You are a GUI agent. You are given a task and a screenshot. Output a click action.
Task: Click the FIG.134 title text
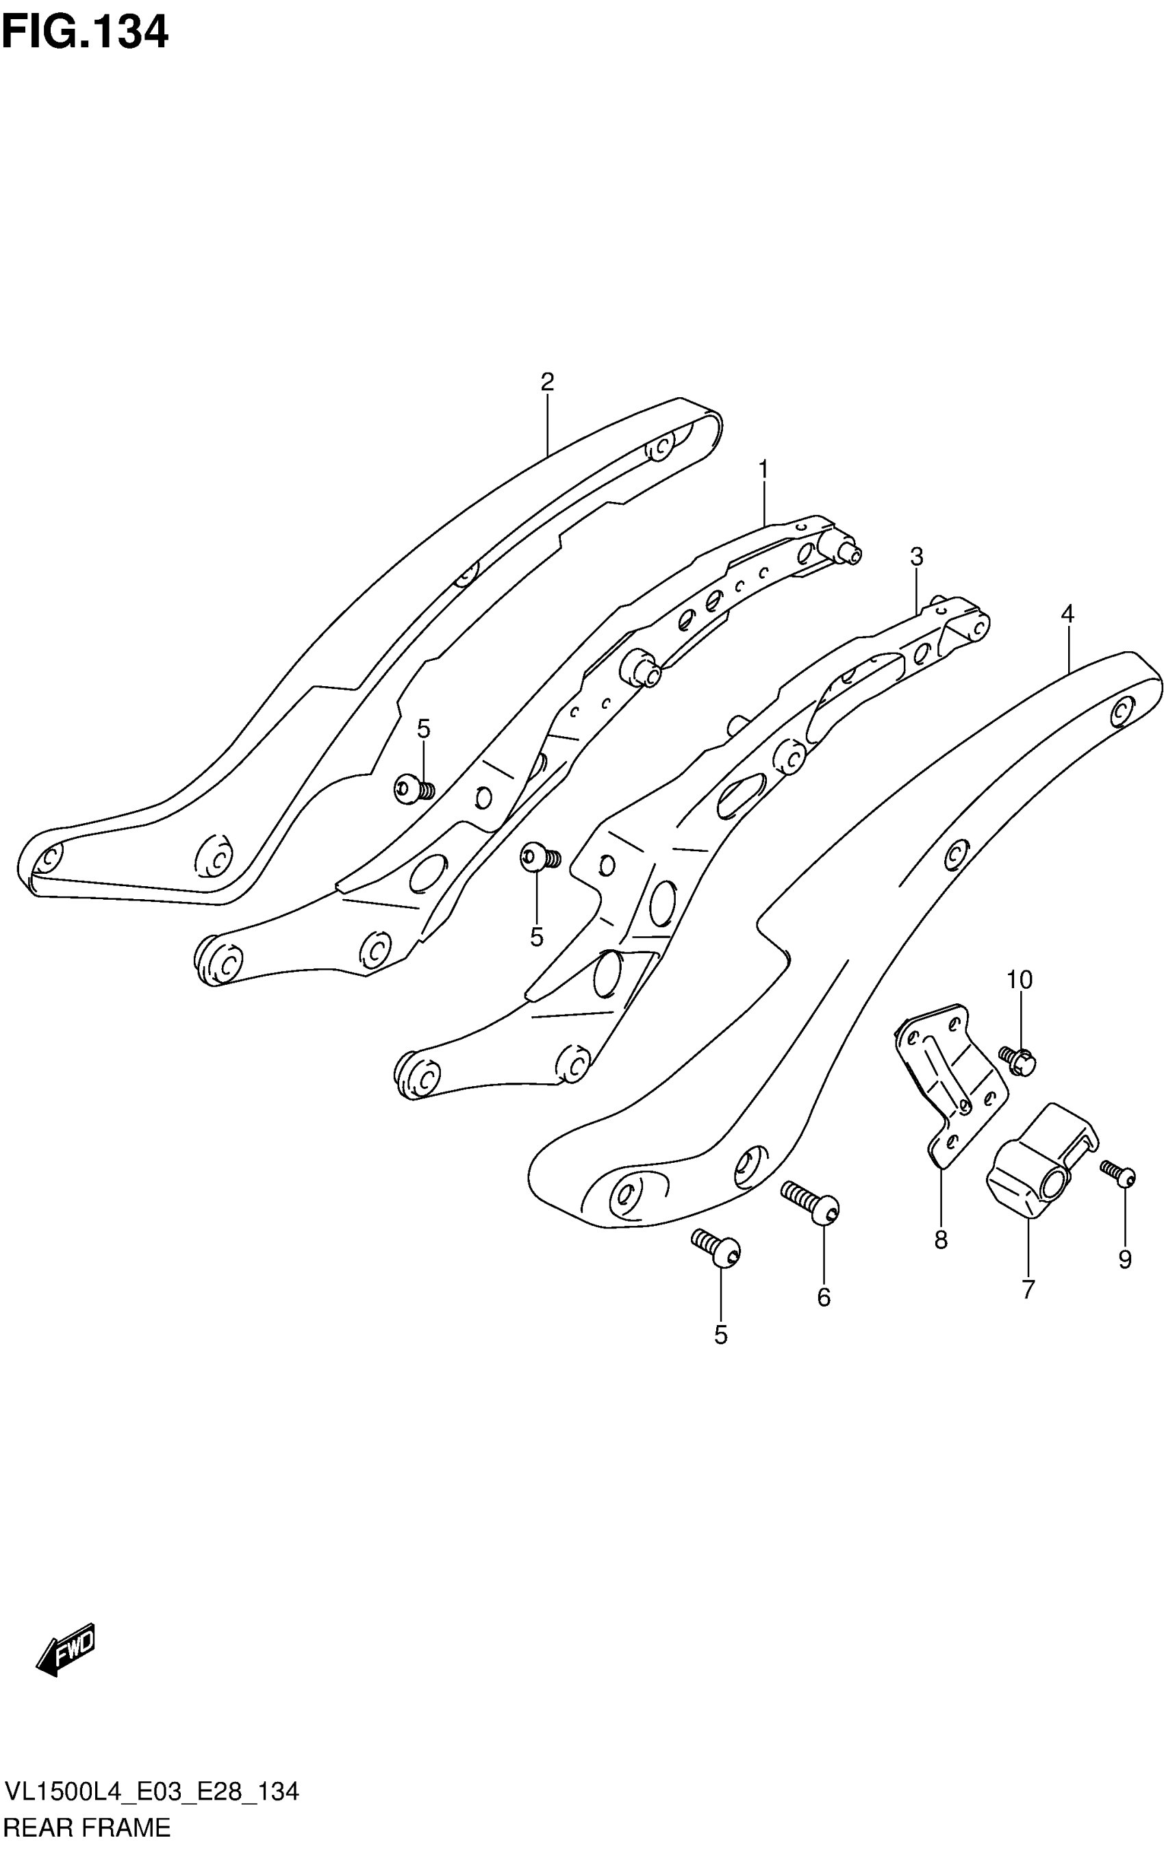click(84, 33)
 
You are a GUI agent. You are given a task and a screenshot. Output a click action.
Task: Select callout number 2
click(546, 381)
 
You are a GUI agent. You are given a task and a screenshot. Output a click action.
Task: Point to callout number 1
click(763, 468)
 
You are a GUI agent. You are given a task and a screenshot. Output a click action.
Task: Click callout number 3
click(916, 557)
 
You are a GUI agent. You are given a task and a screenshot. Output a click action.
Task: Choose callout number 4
click(1067, 614)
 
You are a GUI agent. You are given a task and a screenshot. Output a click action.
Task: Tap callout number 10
click(1020, 980)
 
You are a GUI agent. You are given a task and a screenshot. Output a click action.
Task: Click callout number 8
click(941, 1240)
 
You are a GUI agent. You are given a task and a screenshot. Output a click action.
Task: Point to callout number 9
click(1124, 1259)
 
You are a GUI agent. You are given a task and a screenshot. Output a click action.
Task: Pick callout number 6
click(823, 1297)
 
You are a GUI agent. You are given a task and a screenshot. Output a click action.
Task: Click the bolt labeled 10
click(1019, 1059)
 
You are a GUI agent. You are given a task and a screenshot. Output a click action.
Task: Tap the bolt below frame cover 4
click(717, 1248)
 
